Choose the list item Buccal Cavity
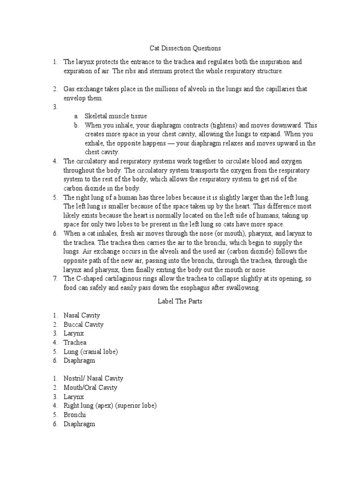pos(84,324)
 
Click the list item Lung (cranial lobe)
pos(91,352)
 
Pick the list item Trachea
pos(75,342)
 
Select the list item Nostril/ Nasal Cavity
pos(94,379)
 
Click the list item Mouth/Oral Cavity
pos(90,388)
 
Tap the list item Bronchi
pos(75,415)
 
